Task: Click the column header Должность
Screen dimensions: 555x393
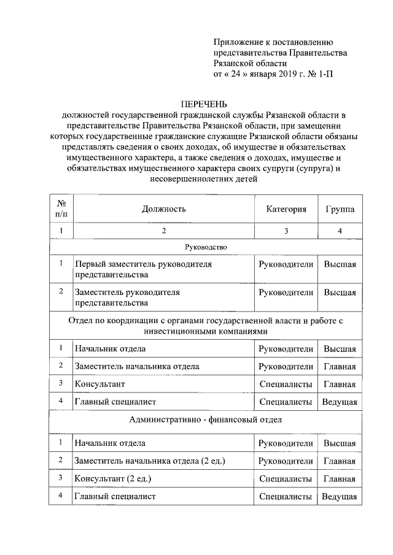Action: pos(163,209)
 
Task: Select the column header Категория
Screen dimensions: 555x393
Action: pos(286,209)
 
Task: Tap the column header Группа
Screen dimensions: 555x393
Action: pos(340,209)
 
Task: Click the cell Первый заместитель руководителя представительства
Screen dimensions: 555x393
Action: pos(143,269)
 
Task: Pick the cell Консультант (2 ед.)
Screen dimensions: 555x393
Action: pos(112,478)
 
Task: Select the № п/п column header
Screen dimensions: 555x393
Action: pos(61,209)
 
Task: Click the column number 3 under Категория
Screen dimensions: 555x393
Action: pos(286,231)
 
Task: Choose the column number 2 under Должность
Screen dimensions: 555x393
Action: pos(163,231)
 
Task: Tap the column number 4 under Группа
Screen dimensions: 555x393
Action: pos(340,231)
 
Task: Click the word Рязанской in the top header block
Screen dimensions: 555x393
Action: pos(238,64)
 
